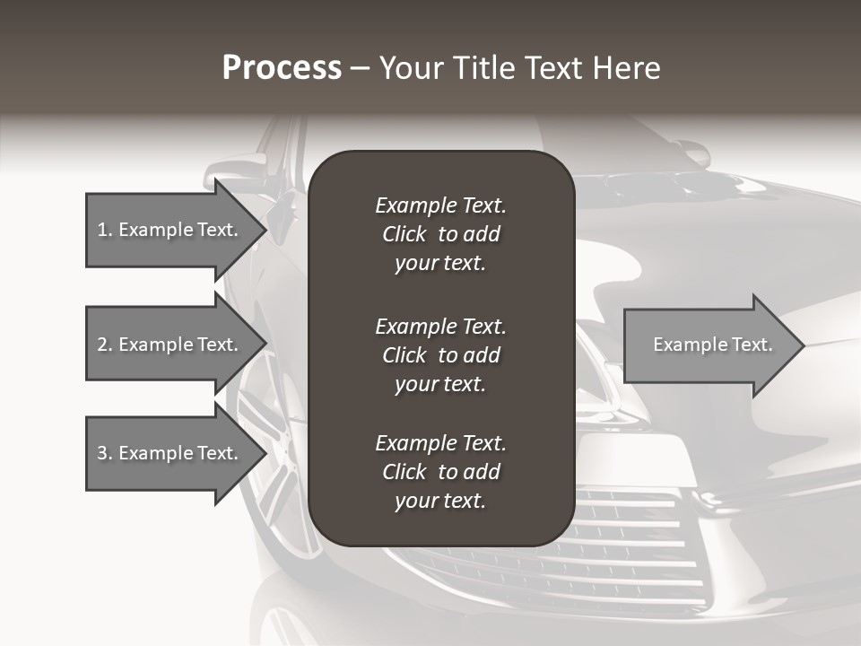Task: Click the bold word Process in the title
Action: (x=282, y=68)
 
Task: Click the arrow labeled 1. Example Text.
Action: (x=170, y=230)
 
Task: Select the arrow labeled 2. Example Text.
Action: (x=170, y=345)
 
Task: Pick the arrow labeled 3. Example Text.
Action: (x=170, y=453)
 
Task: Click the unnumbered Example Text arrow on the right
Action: (x=709, y=345)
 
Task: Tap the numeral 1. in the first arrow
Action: (x=105, y=230)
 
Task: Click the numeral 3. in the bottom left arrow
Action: (x=105, y=453)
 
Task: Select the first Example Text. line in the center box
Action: (x=440, y=205)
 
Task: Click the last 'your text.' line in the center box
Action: (x=440, y=502)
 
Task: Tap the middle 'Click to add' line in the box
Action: (x=440, y=355)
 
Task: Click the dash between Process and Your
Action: (x=361, y=68)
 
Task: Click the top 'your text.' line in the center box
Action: (x=440, y=264)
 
